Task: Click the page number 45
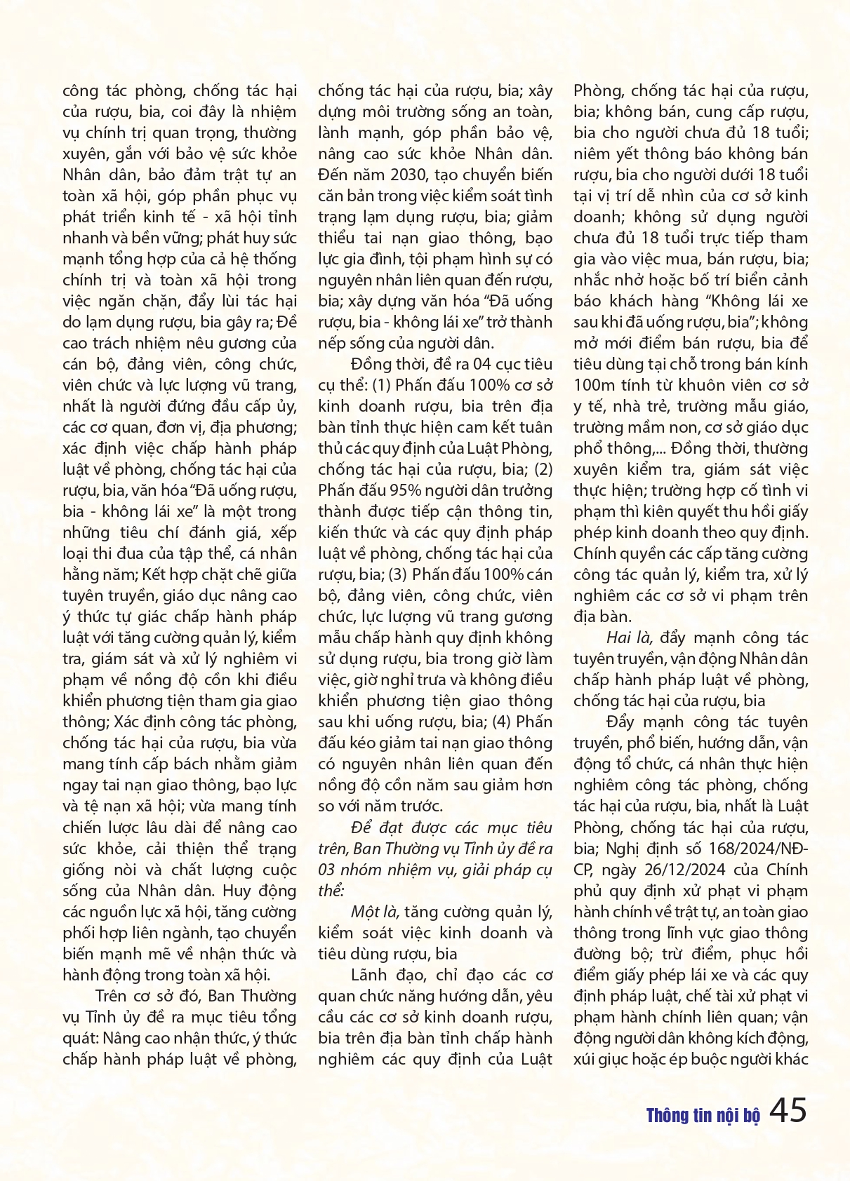pos(788,1110)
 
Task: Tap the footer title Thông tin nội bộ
pos(703,1116)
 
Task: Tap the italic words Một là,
pos(376,912)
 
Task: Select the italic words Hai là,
pos(630,637)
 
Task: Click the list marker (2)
pos(543,469)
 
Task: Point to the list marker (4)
pos(503,722)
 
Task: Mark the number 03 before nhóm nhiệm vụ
pos(326,870)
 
